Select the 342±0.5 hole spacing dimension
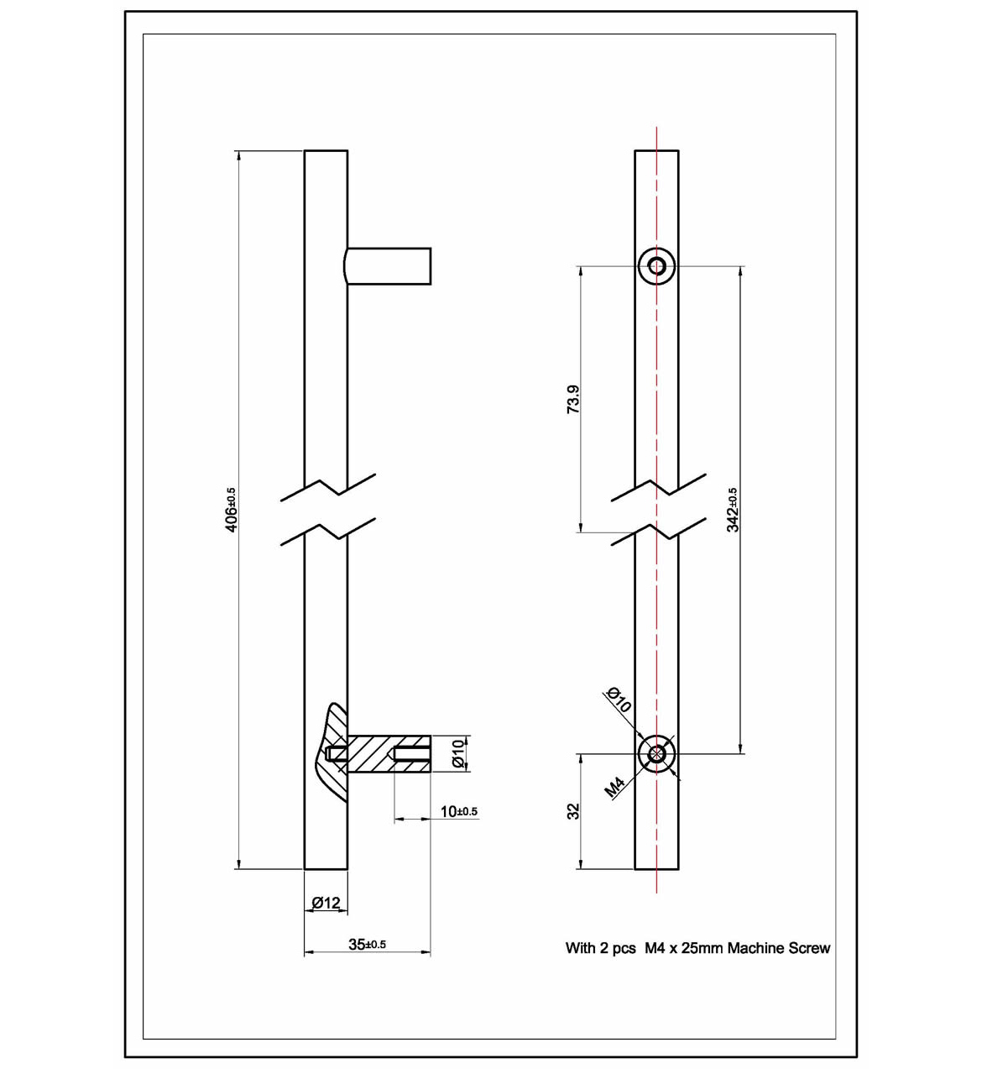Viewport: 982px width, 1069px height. pyautogui.click(x=733, y=510)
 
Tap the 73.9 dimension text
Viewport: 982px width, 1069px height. pyautogui.click(x=573, y=400)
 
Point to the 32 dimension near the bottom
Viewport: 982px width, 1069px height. pyautogui.click(x=574, y=811)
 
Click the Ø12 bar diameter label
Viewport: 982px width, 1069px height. pyautogui.click(x=326, y=903)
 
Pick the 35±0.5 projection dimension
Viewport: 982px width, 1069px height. pyautogui.click(x=367, y=944)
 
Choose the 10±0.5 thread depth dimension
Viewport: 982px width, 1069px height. pyautogui.click(x=458, y=811)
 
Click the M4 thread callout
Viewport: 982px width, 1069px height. pyautogui.click(x=614, y=787)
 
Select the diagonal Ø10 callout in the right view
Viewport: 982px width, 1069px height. pyautogui.click(x=619, y=699)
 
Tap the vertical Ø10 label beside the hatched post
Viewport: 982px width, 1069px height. pyautogui.click(x=457, y=753)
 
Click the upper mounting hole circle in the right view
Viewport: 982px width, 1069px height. pyautogui.click(x=656, y=266)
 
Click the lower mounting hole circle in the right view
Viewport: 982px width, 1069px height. pyautogui.click(x=656, y=753)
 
